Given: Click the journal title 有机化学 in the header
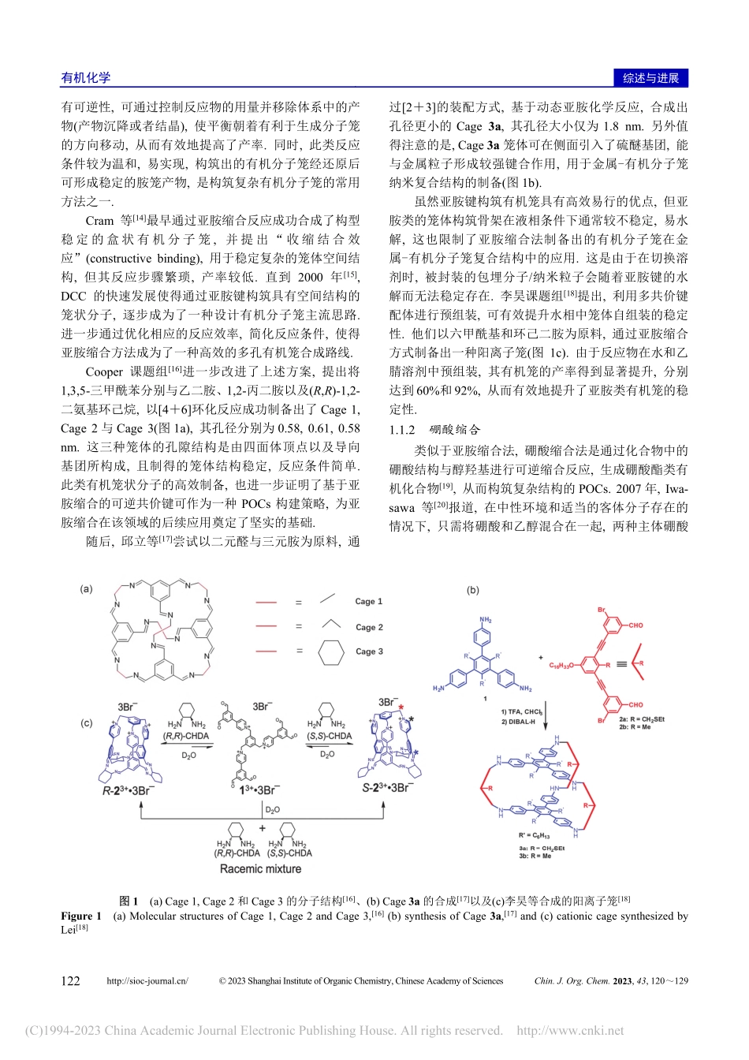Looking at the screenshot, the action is pyautogui.click(x=86, y=77).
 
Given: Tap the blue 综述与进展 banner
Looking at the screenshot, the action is pyautogui.click(x=650, y=77).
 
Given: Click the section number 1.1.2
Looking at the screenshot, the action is pyautogui.click(x=402, y=430).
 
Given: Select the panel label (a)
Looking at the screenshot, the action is pyautogui.click(x=87, y=588).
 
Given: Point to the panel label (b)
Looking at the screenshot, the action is pyautogui.click(x=473, y=590).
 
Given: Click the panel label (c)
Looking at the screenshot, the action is pyautogui.click(x=87, y=722).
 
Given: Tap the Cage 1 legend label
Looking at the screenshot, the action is pyautogui.click(x=368, y=601).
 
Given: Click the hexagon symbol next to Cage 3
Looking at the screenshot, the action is pyautogui.click(x=331, y=651).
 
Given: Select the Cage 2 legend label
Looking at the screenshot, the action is pyautogui.click(x=368, y=627).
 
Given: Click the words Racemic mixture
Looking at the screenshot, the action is pyautogui.click(x=260, y=869).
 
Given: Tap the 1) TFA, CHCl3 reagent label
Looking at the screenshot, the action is pyautogui.click(x=521, y=711).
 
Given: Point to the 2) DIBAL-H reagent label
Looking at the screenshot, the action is pyautogui.click(x=518, y=722).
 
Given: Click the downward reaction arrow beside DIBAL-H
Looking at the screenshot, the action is pyautogui.click(x=546, y=716).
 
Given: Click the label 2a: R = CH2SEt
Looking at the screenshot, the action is pyautogui.click(x=641, y=718).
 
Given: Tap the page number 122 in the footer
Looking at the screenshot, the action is pyautogui.click(x=70, y=981).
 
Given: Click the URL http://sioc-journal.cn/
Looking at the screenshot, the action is pyautogui.click(x=147, y=981).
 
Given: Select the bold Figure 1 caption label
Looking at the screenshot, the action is pyautogui.click(x=81, y=916).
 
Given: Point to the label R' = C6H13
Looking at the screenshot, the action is pyautogui.click(x=534, y=835).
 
